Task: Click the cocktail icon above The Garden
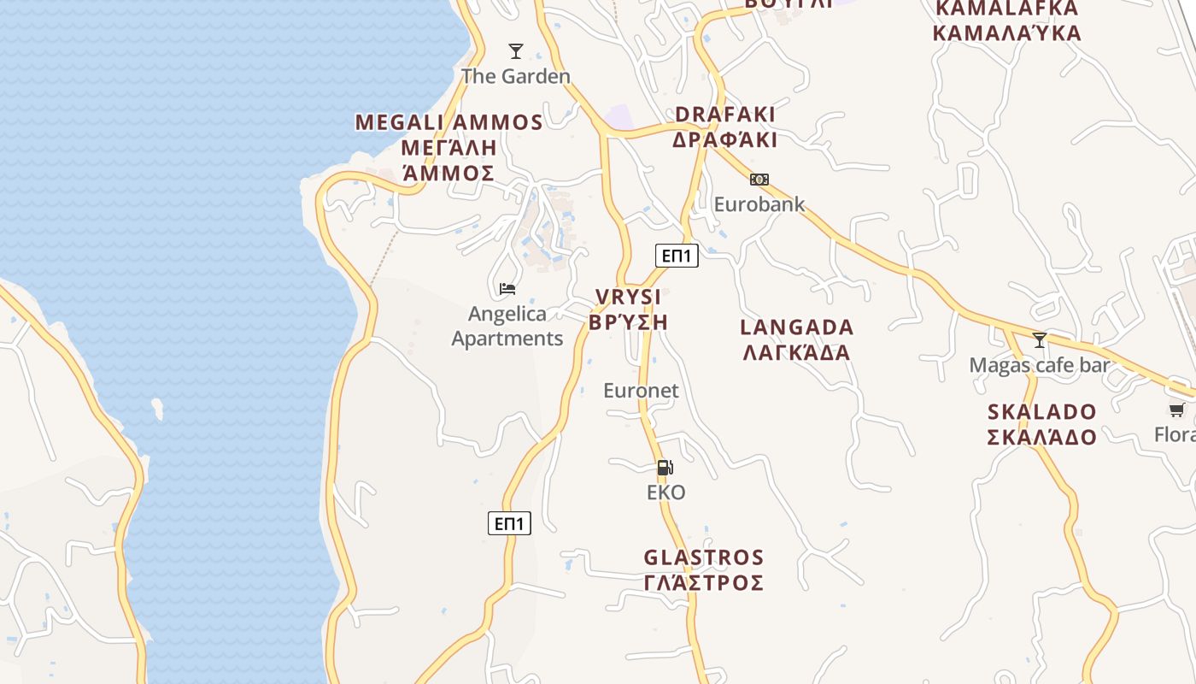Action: [x=515, y=51]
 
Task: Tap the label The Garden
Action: [x=515, y=76]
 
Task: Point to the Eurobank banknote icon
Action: [x=759, y=180]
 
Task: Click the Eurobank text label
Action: [x=759, y=204]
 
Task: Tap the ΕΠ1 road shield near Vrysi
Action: [x=677, y=255]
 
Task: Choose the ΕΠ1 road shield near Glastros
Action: [x=509, y=523]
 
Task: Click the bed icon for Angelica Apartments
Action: [x=507, y=289]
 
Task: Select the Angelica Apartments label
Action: [x=507, y=326]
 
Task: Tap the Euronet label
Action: [x=641, y=391]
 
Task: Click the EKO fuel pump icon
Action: [x=665, y=468]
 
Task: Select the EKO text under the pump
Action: [x=665, y=492]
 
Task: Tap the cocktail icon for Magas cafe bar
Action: [x=1039, y=340]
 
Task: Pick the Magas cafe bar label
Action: [x=1039, y=365]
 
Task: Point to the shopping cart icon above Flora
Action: [x=1176, y=410]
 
